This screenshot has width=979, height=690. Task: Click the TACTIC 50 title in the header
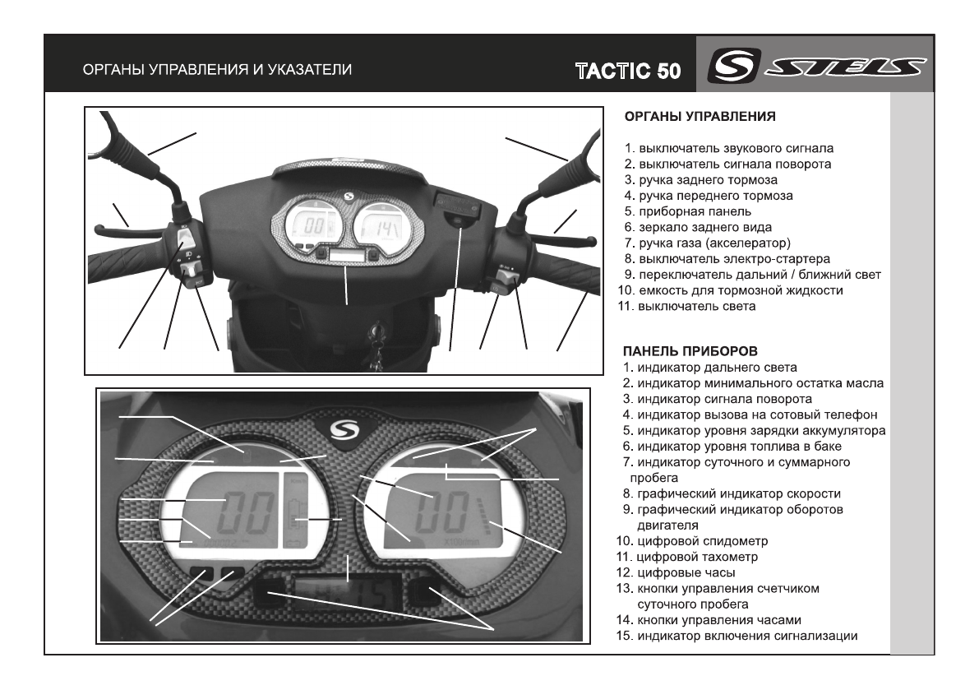pos(628,71)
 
